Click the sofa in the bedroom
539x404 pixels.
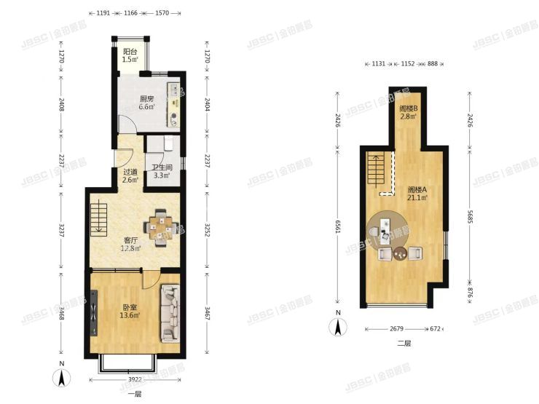(170, 313)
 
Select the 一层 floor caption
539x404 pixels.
(134, 395)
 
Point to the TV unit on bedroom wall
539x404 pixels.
(94, 313)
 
